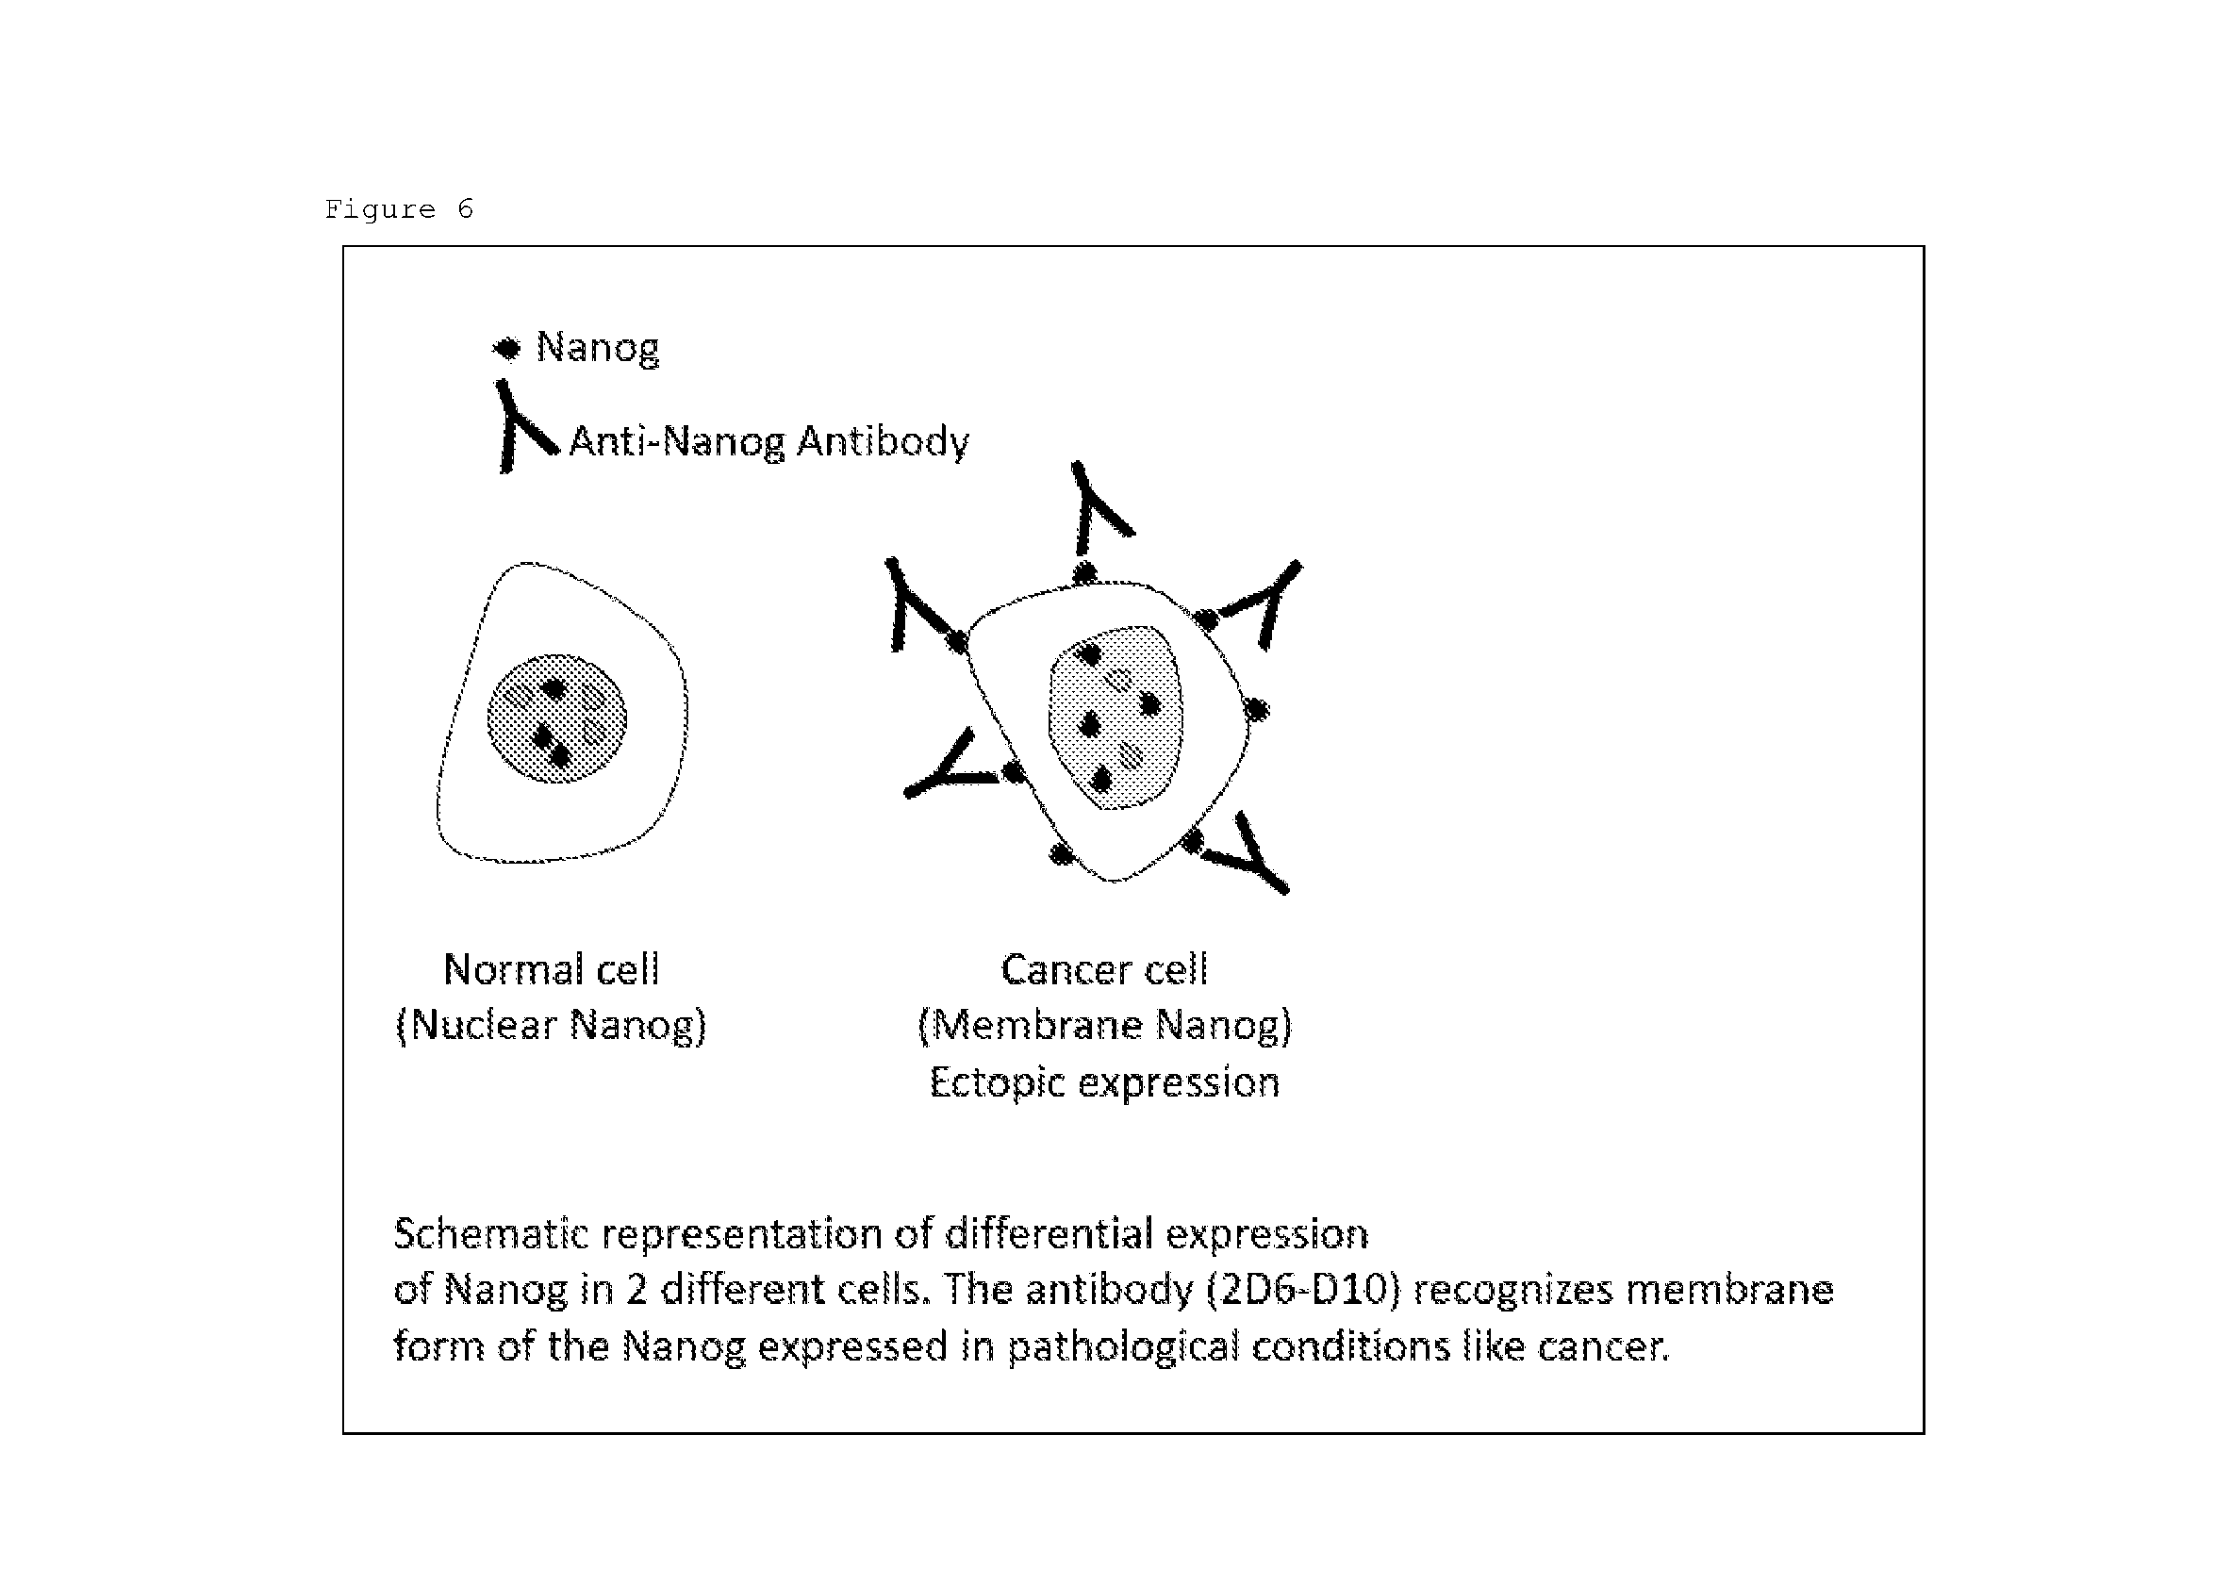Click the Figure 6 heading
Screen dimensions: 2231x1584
pyautogui.click(x=399, y=209)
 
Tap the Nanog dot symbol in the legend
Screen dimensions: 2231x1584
pyautogui.click(x=506, y=348)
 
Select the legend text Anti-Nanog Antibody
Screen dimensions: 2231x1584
pyautogui.click(x=768, y=442)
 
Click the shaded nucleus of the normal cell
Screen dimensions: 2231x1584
pyautogui.click(x=557, y=718)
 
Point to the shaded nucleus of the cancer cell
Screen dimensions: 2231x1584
pyautogui.click(x=1115, y=717)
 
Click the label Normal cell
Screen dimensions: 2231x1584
pyautogui.click(x=552, y=969)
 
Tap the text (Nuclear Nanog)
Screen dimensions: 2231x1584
pyautogui.click(x=552, y=1025)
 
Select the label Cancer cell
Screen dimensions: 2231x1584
pyautogui.click(x=1104, y=969)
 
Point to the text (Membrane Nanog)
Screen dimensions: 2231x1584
pyautogui.click(x=1105, y=1025)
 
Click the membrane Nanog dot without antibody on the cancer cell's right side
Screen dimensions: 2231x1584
pyautogui.click(x=1256, y=709)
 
